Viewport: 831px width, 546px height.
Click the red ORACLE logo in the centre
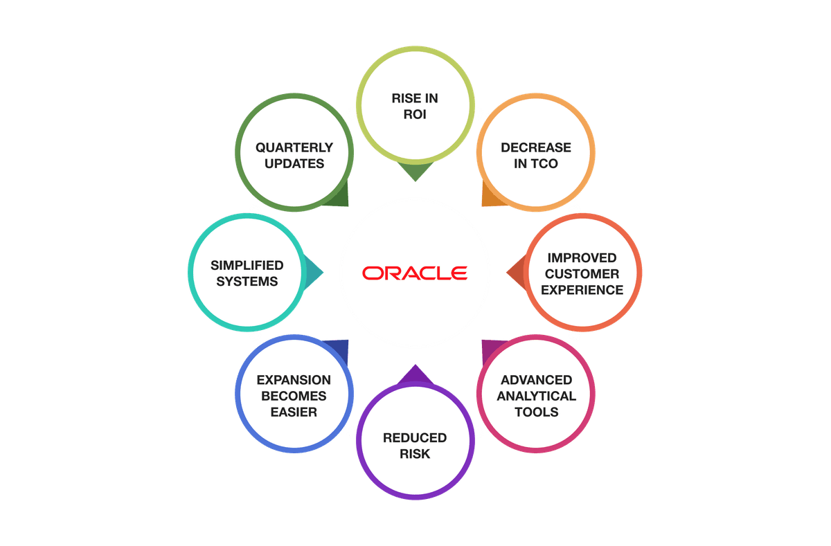[x=415, y=272]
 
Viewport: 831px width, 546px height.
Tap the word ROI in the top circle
[x=415, y=115]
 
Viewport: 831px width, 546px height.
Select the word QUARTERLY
[x=294, y=147]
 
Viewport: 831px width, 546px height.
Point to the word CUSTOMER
[x=582, y=274]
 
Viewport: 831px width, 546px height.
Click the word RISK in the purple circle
[x=415, y=454]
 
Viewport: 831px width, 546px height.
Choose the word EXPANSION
[x=294, y=380]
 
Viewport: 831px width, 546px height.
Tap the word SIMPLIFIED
[x=247, y=265]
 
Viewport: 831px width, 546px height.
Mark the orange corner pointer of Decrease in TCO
[x=489, y=197]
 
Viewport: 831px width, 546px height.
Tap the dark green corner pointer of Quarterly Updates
[x=340, y=198]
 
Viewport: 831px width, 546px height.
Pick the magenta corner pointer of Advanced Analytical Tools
[x=490, y=348]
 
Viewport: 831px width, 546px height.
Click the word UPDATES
[x=294, y=164]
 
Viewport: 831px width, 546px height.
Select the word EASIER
[x=294, y=412]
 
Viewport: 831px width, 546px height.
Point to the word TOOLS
[x=537, y=412]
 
